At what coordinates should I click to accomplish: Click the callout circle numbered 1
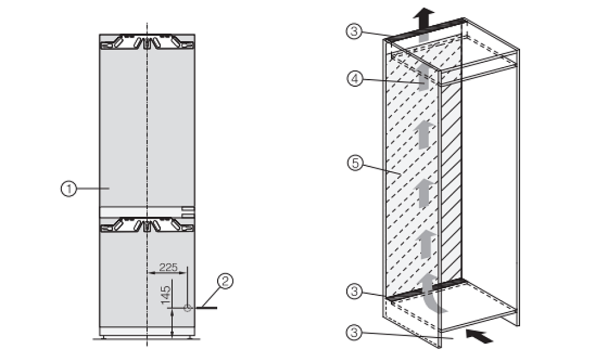click(x=68, y=188)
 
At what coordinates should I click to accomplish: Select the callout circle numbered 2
click(x=225, y=281)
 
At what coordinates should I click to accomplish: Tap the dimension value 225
click(x=168, y=267)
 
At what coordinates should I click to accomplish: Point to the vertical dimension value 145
click(x=165, y=295)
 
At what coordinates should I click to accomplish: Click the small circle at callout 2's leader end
click(x=187, y=308)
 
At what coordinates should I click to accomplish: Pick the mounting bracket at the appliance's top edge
click(x=147, y=42)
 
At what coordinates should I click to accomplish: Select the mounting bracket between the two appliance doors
click(x=147, y=225)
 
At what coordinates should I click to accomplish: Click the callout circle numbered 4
click(x=355, y=79)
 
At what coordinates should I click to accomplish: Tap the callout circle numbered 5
click(x=355, y=163)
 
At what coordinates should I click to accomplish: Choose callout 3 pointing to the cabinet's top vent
click(x=354, y=31)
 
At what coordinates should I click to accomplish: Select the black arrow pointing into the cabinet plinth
click(x=479, y=336)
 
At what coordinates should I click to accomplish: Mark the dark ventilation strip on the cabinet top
click(x=427, y=29)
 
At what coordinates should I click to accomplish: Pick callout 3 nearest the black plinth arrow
click(x=354, y=332)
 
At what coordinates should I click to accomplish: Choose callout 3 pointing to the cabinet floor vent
click(x=355, y=291)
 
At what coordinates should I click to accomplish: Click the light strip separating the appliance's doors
click(x=147, y=212)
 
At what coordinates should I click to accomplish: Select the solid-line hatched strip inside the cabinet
click(x=452, y=182)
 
